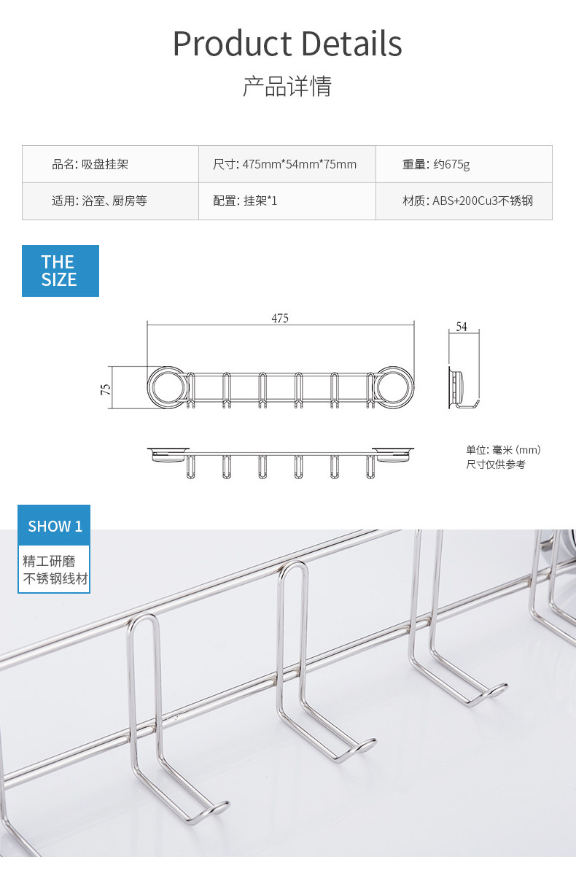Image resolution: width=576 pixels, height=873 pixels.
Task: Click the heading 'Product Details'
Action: click(287, 44)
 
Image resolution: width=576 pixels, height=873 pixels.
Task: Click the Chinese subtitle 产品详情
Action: click(287, 86)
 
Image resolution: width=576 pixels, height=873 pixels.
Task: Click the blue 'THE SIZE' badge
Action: click(60, 271)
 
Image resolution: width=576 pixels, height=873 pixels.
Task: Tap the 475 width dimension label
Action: click(280, 318)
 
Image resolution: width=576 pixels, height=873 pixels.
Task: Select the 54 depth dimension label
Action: click(462, 327)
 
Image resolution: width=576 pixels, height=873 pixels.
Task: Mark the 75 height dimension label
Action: click(105, 389)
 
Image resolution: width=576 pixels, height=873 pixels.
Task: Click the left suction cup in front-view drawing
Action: click(168, 387)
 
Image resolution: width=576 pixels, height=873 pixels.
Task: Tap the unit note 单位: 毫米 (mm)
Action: click(503, 450)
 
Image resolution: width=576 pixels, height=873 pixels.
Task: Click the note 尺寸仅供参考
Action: click(496, 464)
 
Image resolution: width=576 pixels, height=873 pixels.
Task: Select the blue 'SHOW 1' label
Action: click(55, 526)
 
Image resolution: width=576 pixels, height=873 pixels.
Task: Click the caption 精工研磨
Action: click(49, 562)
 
